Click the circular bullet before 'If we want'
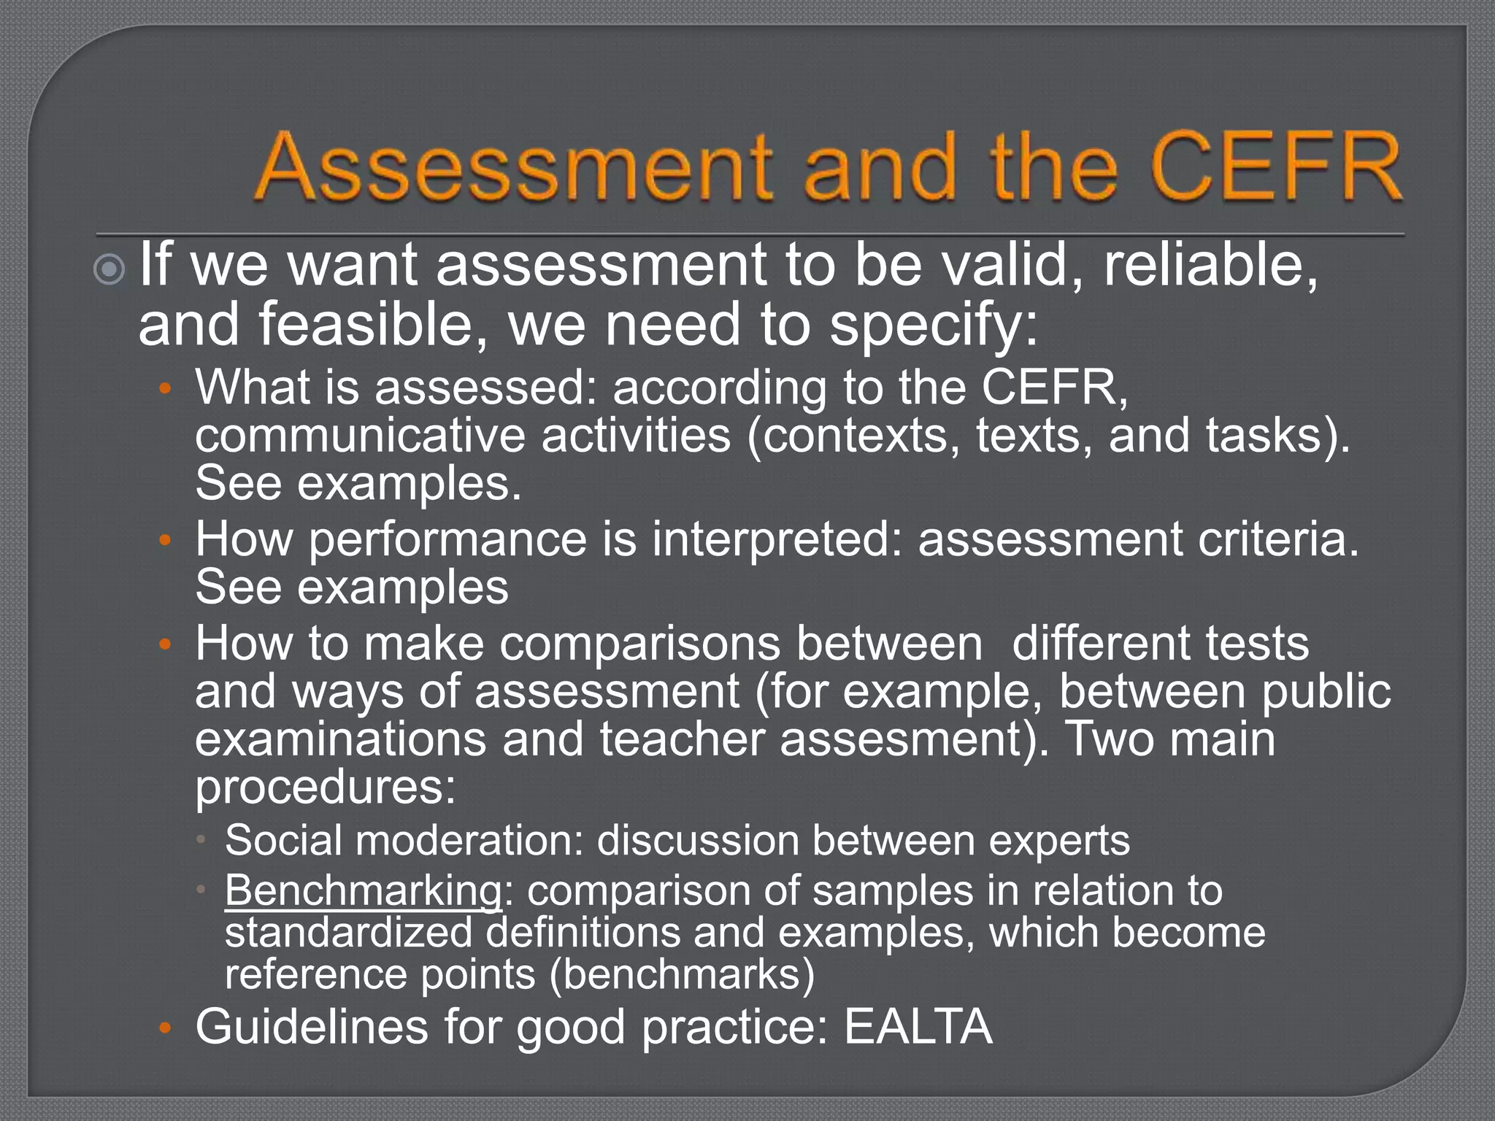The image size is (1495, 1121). [x=110, y=271]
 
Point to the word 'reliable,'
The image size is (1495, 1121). [x=1212, y=266]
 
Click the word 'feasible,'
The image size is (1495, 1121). [x=373, y=325]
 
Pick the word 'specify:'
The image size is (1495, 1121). [x=934, y=325]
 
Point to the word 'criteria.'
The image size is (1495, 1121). [x=1278, y=540]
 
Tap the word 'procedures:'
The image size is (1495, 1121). [x=326, y=787]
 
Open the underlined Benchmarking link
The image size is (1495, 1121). [x=363, y=891]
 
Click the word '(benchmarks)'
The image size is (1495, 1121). [x=682, y=974]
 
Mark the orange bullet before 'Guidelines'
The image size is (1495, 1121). [x=165, y=1029]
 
